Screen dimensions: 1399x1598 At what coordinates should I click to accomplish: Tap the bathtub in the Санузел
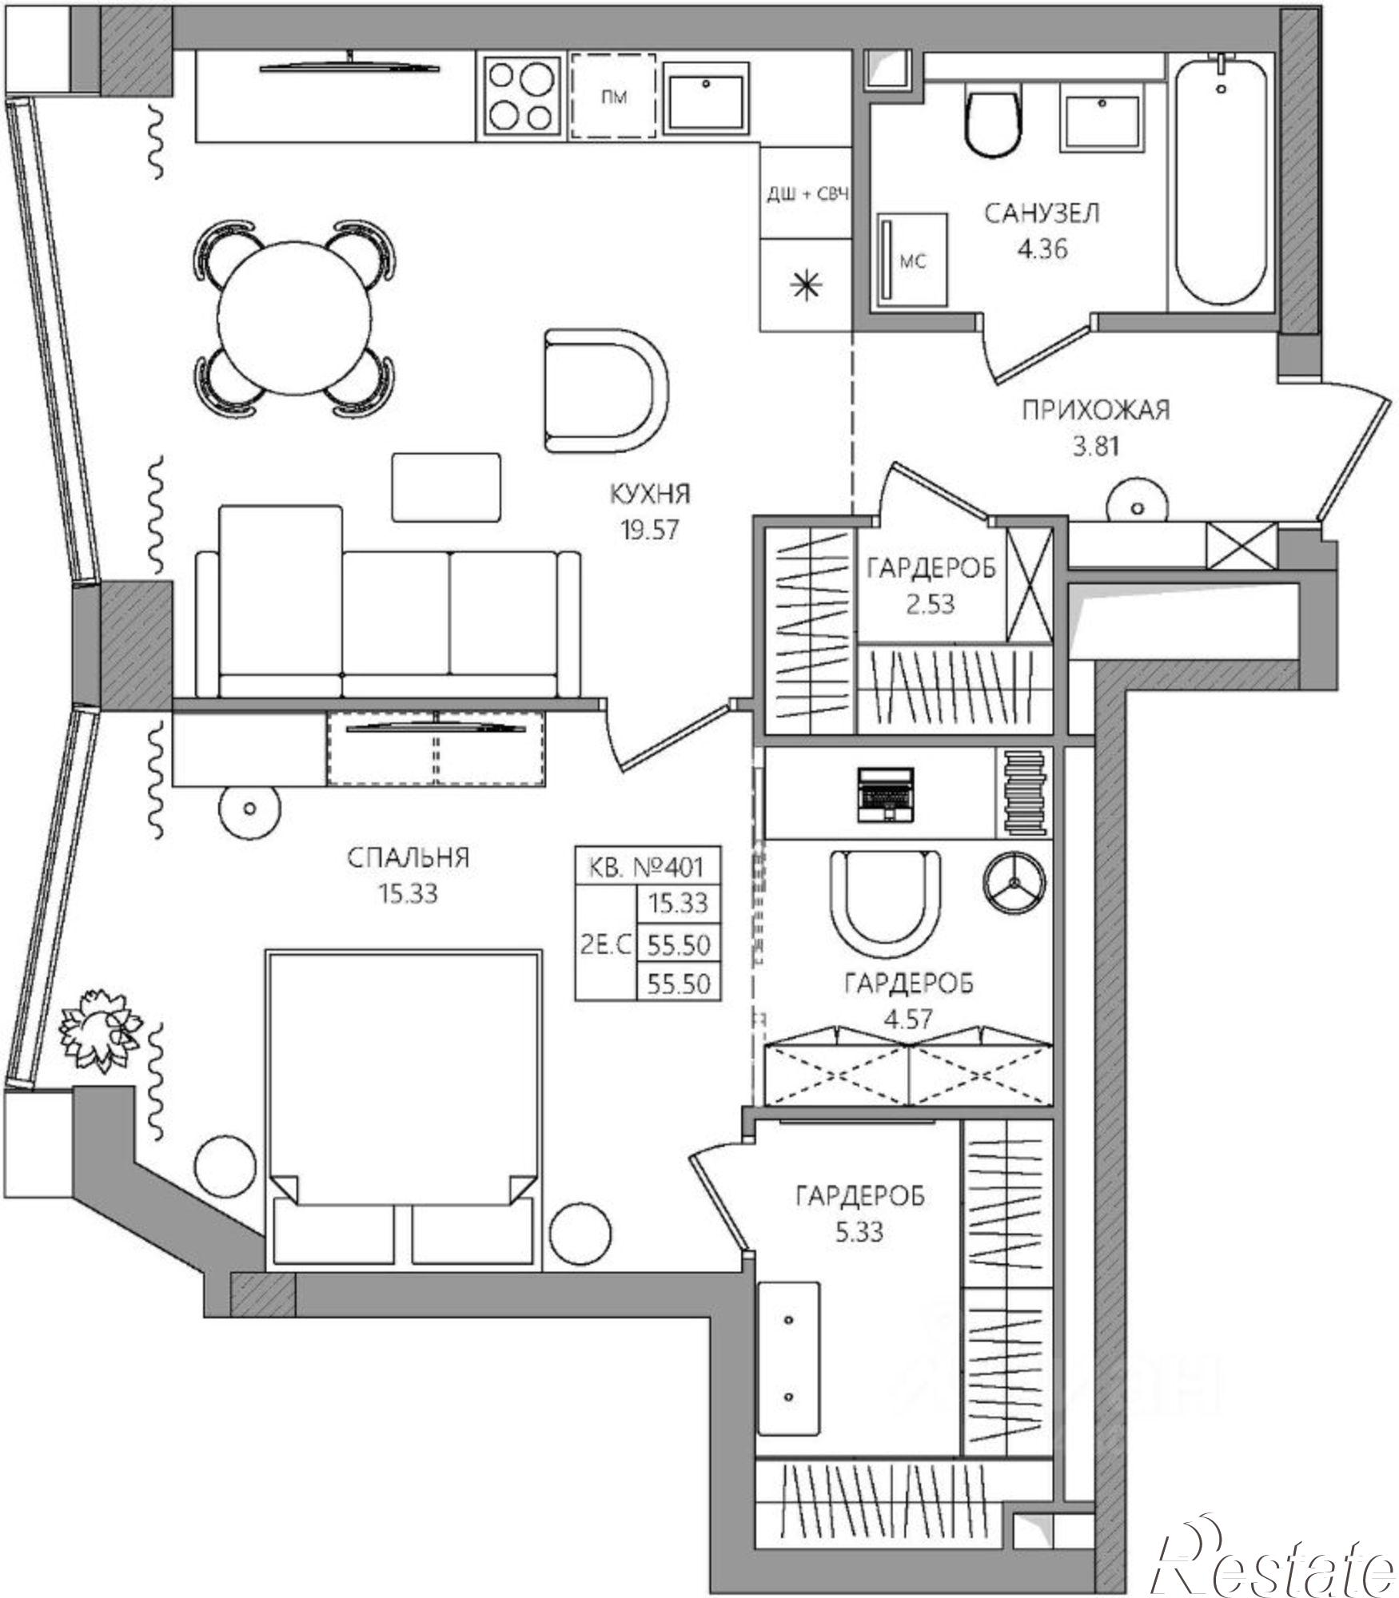[x=1221, y=178]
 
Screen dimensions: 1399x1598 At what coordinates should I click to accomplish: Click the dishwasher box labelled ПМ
[x=614, y=97]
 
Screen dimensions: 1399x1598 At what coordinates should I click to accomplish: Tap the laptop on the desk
[x=884, y=794]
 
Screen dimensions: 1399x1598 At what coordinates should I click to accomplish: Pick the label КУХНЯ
[x=649, y=494]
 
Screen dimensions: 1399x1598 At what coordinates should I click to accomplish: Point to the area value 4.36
[x=1042, y=249]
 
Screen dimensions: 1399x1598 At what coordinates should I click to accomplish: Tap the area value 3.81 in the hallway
[x=1095, y=445]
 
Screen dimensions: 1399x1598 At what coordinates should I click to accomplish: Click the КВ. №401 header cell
[x=647, y=866]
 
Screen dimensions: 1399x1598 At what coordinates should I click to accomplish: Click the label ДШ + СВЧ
[x=807, y=194]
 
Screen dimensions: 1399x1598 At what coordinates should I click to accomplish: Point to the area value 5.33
[x=860, y=1232]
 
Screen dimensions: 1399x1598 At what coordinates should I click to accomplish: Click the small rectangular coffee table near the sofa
[x=446, y=487]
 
